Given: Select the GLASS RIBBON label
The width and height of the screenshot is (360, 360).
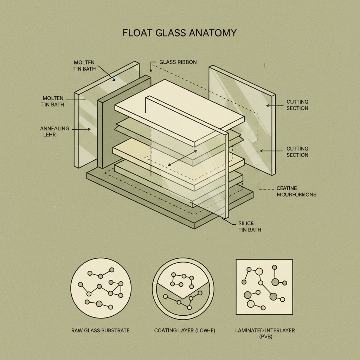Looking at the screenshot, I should tap(178, 62).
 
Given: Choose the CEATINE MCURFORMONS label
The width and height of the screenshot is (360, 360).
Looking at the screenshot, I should tap(296, 191).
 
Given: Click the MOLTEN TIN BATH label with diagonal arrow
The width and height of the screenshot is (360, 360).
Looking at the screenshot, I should tap(84, 65).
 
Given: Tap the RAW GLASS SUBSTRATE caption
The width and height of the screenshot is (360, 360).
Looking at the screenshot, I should tap(101, 330).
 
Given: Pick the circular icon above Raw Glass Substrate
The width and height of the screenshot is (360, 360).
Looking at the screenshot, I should tap(101, 289).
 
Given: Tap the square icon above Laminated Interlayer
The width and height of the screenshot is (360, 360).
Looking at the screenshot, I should tap(264, 287).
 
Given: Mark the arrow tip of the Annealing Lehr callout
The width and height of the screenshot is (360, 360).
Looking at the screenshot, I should tap(90, 129).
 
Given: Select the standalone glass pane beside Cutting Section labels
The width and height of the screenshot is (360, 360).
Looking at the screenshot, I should tap(242, 120).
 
